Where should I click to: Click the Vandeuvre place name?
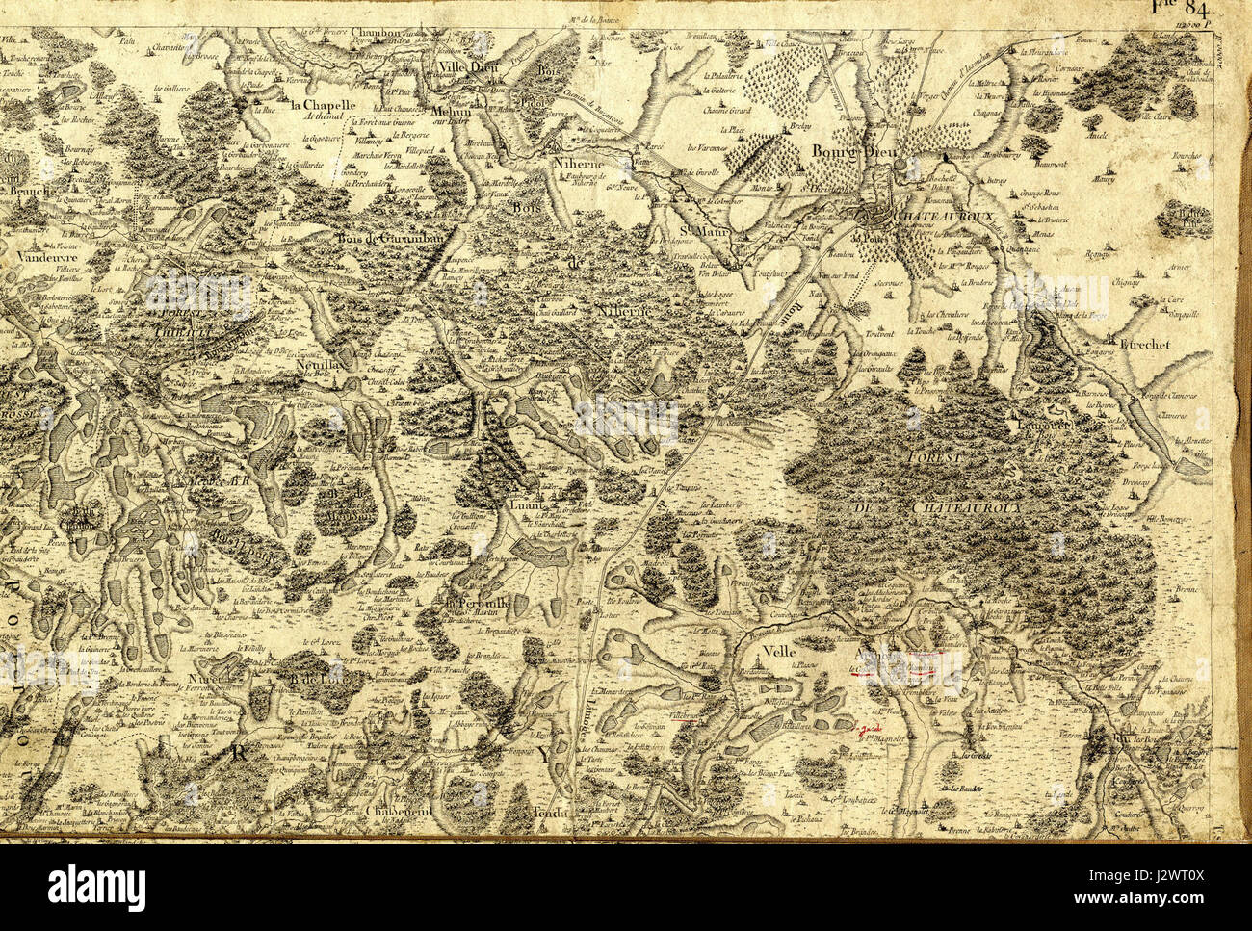[46, 257]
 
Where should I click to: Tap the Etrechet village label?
[1145, 341]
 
